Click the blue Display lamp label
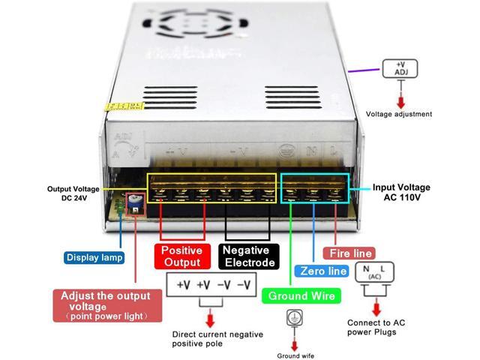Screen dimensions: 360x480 [x=94, y=257]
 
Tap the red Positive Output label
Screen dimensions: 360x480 [x=182, y=256]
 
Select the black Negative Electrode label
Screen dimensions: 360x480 [x=250, y=256]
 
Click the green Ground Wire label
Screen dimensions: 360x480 [x=302, y=295]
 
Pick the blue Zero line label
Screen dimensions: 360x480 [x=322, y=271]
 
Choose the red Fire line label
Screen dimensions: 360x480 [x=348, y=253]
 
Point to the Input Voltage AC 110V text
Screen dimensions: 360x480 [x=403, y=192]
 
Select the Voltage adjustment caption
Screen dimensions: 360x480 [x=399, y=115]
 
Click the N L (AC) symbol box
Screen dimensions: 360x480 [x=373, y=272]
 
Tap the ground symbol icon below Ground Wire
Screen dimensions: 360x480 [x=292, y=318]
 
